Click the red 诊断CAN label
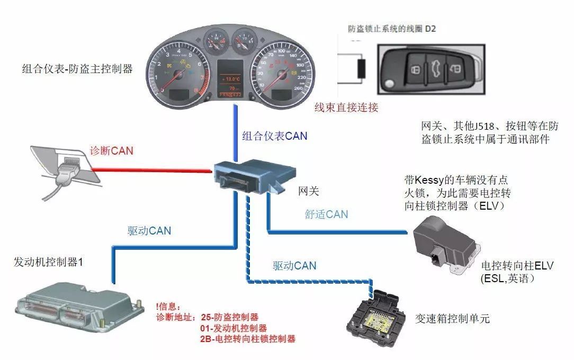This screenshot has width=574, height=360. (111, 150)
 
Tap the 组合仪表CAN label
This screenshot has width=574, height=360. (275, 136)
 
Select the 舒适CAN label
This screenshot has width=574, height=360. (326, 214)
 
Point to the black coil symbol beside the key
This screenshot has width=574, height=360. (362, 68)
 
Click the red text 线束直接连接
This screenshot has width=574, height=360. (346, 108)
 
